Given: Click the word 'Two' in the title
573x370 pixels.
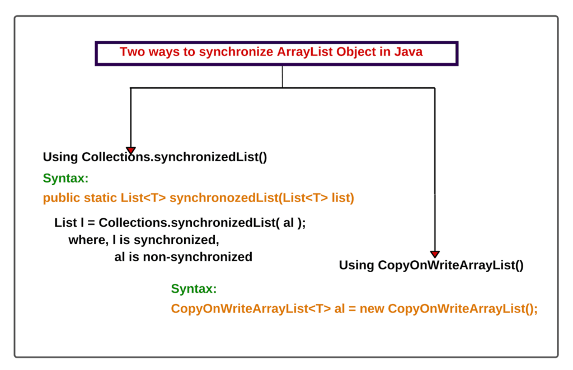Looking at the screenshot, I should click(x=131, y=52).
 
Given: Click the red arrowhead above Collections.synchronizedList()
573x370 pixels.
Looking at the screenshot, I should click(x=130, y=150).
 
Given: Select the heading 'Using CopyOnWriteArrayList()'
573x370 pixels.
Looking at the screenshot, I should click(x=431, y=265).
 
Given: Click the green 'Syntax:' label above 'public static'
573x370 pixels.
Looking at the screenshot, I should click(x=65, y=179).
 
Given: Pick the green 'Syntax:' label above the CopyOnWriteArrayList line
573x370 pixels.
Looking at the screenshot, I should click(x=194, y=289).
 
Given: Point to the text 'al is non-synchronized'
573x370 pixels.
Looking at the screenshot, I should click(x=183, y=257).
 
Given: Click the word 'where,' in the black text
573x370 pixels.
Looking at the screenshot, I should click(x=85, y=240).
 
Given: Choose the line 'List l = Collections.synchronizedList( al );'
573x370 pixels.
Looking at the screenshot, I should click(x=180, y=222).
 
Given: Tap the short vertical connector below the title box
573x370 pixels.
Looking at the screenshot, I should click(x=283, y=77).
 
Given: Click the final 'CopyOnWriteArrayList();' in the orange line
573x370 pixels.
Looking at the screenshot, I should click(x=462, y=308).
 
